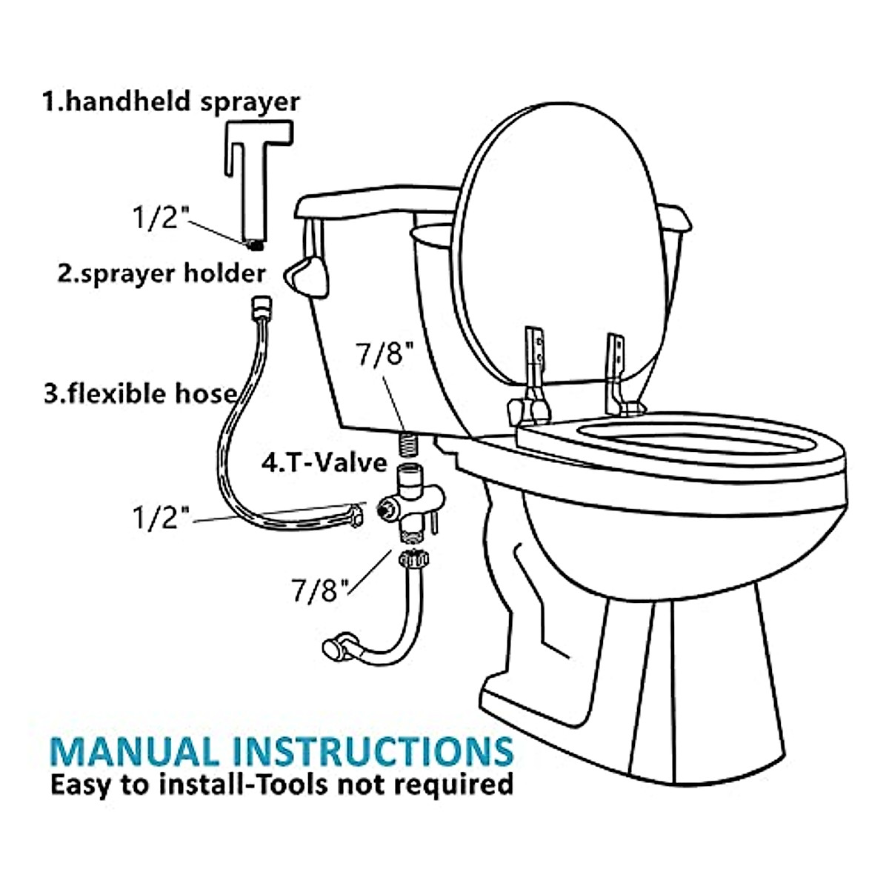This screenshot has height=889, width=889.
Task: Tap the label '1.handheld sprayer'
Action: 171,101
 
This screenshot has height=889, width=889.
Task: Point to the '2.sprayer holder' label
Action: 162,273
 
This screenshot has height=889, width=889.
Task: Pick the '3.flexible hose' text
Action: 141,393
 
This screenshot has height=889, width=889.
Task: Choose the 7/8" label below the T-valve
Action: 319,590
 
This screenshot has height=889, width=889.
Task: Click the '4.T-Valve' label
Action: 324,462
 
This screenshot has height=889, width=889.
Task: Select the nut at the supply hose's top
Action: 409,559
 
